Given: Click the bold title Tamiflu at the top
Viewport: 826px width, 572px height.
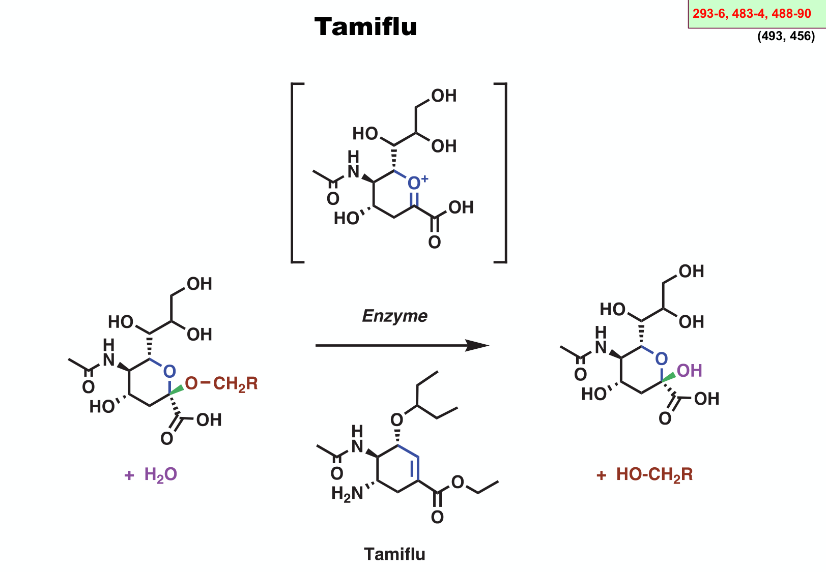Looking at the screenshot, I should (x=365, y=26).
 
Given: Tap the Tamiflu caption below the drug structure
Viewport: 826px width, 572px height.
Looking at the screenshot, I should (x=394, y=554).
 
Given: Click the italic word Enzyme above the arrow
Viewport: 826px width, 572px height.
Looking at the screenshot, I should (x=394, y=316).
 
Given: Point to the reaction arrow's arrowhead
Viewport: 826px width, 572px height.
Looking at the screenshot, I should (x=478, y=346).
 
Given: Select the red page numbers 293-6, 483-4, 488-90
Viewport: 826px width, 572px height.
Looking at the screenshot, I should (x=752, y=14).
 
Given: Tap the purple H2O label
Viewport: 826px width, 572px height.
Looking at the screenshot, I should (x=160, y=474).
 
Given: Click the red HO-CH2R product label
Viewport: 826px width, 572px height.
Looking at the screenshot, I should (x=654, y=474).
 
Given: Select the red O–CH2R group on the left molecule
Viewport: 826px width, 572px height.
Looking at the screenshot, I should (x=221, y=383).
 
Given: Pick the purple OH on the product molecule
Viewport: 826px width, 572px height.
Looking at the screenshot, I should (x=690, y=371).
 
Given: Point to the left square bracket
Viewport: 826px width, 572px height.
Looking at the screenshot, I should (x=294, y=173).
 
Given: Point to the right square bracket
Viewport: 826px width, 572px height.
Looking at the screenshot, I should (x=504, y=173).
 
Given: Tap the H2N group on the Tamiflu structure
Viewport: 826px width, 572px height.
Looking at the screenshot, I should (x=347, y=493).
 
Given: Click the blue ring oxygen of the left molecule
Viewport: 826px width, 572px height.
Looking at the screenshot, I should (x=169, y=371).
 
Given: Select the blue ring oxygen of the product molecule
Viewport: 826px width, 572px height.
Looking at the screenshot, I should (x=661, y=358).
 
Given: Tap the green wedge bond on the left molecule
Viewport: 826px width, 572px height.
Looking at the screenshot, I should (x=176, y=389).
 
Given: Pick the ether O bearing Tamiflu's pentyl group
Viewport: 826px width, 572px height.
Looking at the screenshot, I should (x=396, y=420).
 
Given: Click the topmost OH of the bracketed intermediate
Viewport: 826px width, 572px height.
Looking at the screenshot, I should (x=444, y=96).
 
